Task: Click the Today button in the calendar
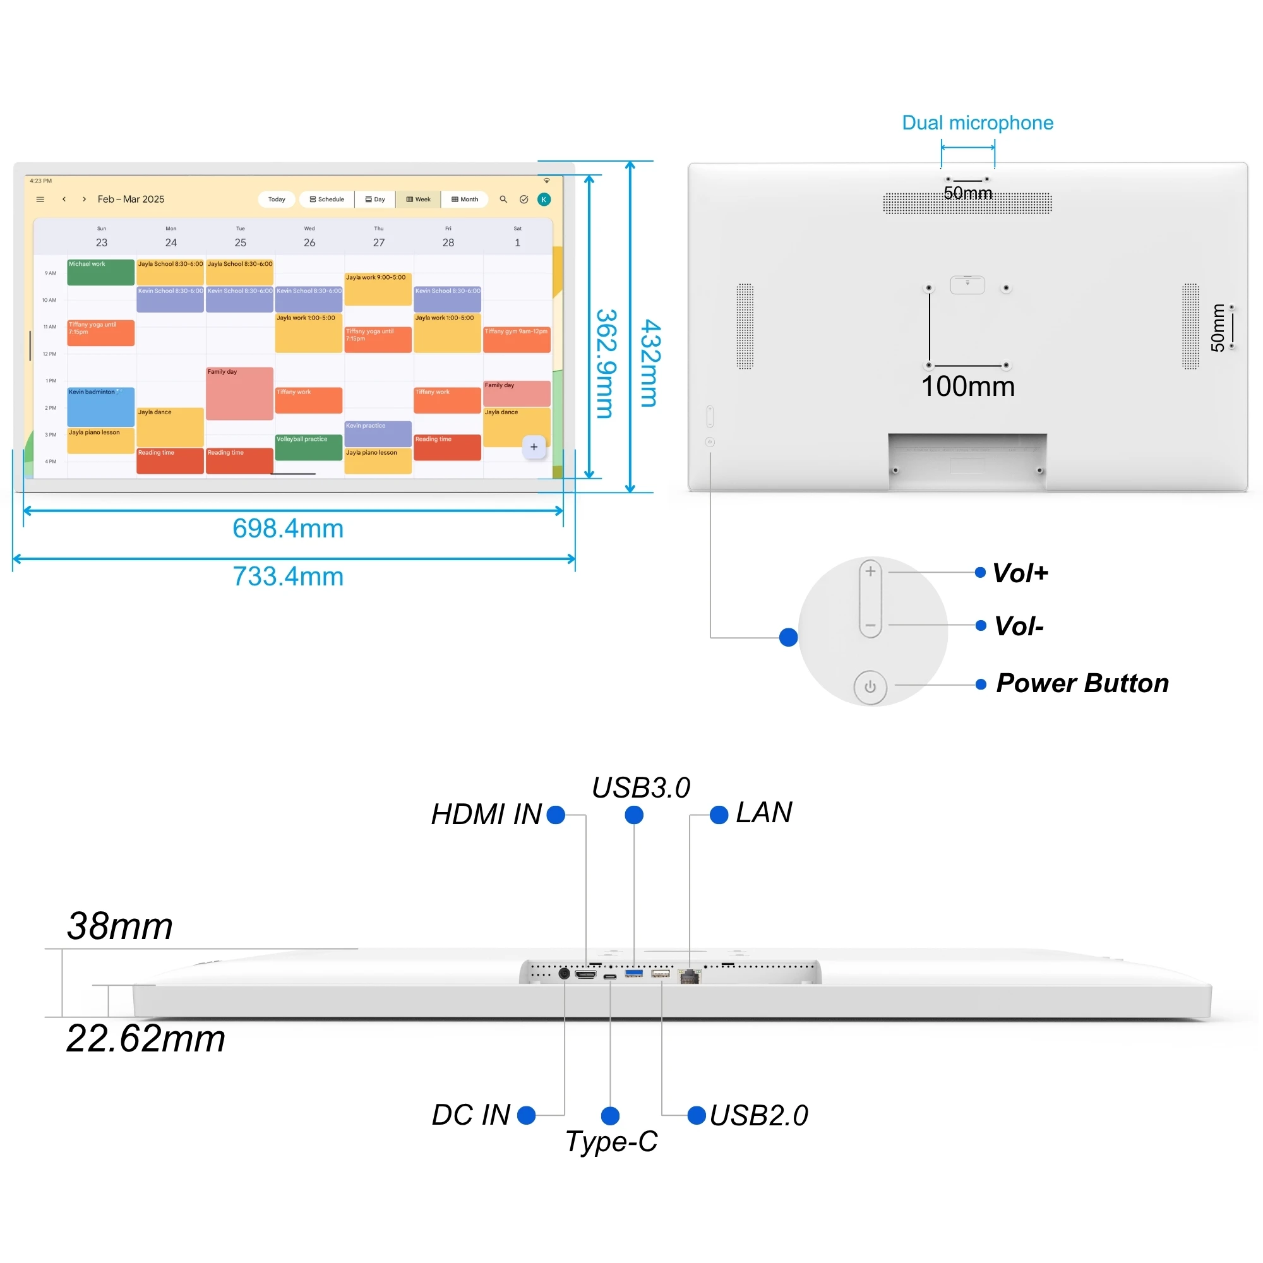tap(277, 200)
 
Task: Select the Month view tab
tap(465, 200)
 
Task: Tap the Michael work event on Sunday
tap(100, 272)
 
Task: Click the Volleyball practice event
tap(309, 447)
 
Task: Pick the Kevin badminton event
tap(100, 406)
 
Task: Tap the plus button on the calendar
tap(534, 447)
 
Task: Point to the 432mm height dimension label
tap(650, 363)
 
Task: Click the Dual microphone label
tap(978, 123)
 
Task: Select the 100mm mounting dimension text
tap(967, 386)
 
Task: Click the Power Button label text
tap(1082, 683)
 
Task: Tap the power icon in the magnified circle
tap(870, 687)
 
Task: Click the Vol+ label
tap(1020, 573)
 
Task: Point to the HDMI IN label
tap(486, 815)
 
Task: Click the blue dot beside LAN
tap(719, 815)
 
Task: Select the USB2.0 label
tap(759, 1115)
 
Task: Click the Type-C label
tap(611, 1141)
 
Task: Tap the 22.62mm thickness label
tap(146, 1038)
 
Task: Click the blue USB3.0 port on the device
tap(633, 974)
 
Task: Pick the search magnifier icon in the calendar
tap(503, 200)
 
